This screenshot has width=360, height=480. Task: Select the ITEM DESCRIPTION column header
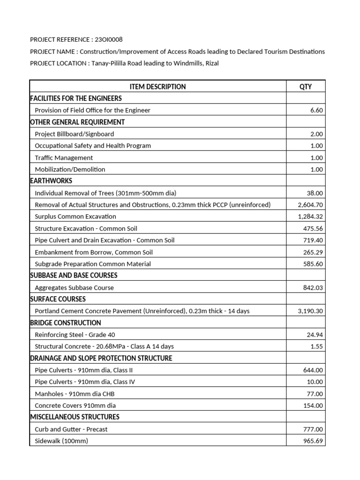[x=157, y=87]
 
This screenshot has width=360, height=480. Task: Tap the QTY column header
[x=305, y=87]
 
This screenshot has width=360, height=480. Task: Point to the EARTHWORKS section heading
[x=51, y=181]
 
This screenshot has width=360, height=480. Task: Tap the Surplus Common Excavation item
[x=75, y=217]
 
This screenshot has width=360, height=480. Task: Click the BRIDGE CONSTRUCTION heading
[x=65, y=323]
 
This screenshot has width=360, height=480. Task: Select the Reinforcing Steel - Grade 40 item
[x=75, y=335]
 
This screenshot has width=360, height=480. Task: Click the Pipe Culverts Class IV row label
[x=85, y=382]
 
